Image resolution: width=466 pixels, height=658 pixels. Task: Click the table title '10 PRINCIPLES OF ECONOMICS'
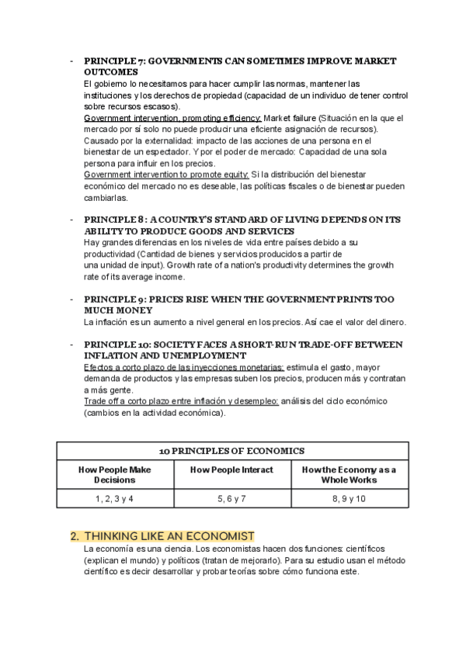click(x=231, y=451)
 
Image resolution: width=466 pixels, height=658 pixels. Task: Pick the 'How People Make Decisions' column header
click(x=114, y=475)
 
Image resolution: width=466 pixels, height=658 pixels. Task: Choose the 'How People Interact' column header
click(x=231, y=470)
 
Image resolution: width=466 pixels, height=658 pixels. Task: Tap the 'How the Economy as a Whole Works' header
click(x=348, y=475)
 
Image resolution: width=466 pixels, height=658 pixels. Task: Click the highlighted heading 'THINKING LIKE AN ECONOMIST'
click(x=169, y=536)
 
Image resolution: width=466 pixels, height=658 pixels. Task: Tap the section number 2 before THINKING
click(x=74, y=536)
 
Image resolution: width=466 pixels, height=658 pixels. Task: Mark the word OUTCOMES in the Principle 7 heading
click(x=111, y=71)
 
